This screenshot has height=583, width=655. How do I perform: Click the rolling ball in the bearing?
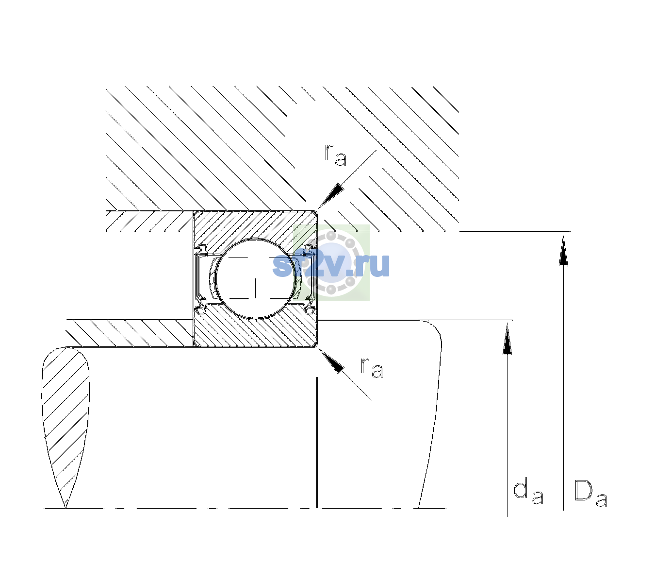pyautogui.click(x=255, y=279)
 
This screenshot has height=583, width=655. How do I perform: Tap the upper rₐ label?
pyautogui.click(x=336, y=155)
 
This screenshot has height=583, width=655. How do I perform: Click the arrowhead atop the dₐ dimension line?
pyautogui.click(x=507, y=339)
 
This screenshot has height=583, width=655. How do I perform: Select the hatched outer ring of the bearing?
pyautogui.click(x=255, y=226)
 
